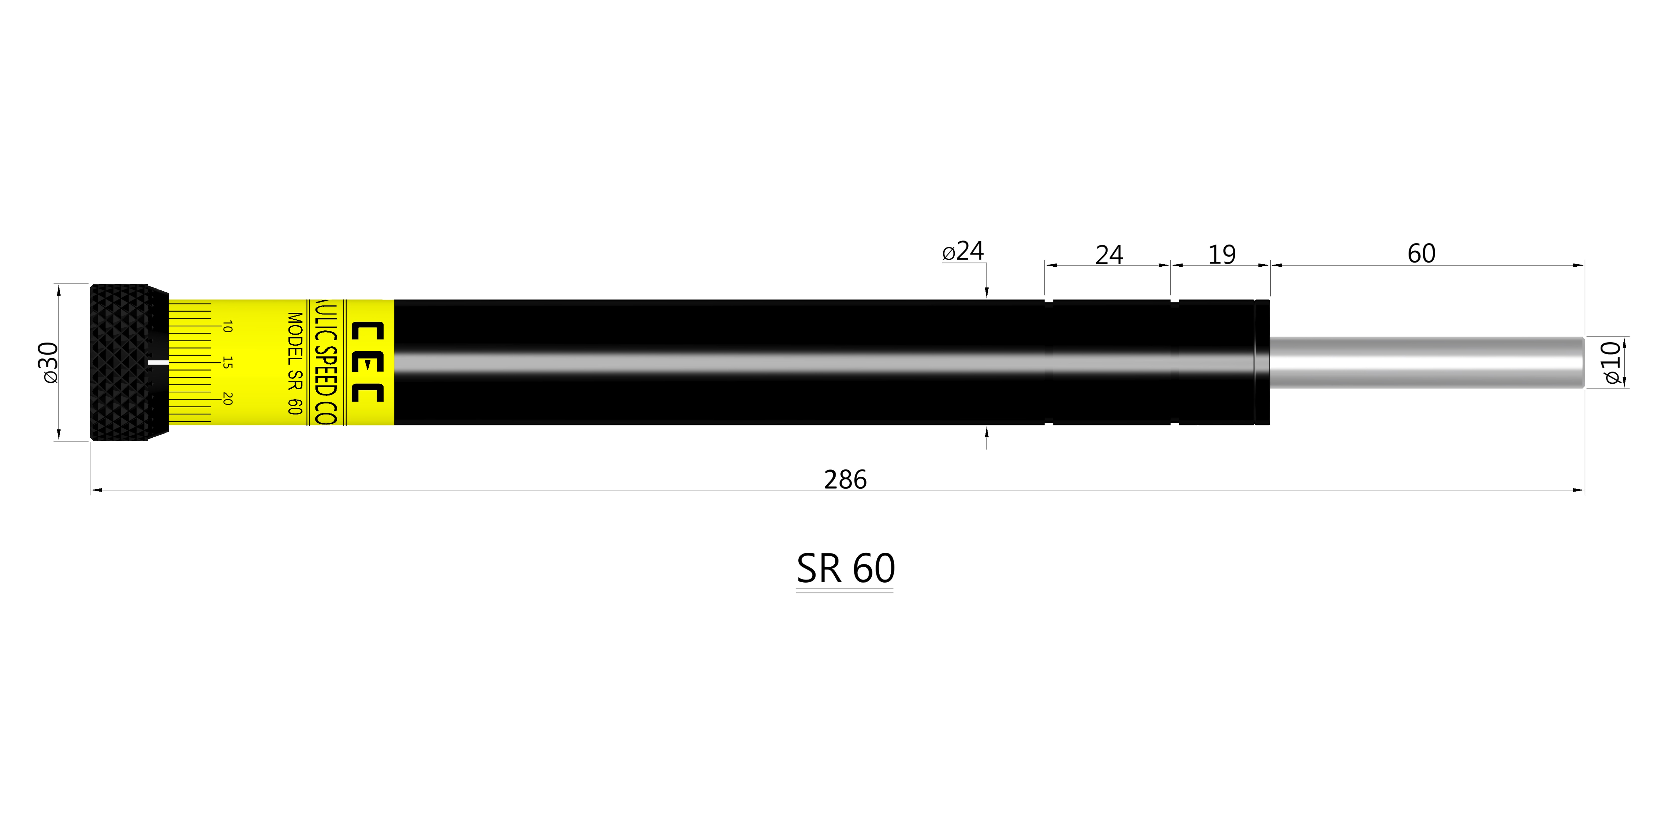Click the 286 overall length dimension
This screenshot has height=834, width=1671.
click(x=845, y=480)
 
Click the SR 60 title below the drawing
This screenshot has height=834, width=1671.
click(x=845, y=569)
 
